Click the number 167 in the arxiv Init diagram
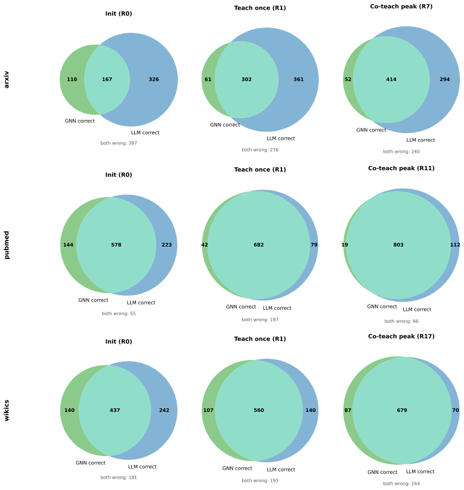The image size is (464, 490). click(107, 79)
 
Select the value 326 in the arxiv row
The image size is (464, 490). click(154, 79)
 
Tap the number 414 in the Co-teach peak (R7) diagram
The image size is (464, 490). click(391, 79)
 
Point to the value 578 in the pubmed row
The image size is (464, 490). click(116, 245)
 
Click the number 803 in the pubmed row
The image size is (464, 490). click(398, 245)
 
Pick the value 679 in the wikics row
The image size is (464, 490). click(402, 410)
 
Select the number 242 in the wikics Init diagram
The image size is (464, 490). click(164, 410)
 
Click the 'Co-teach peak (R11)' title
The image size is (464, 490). click(401, 168)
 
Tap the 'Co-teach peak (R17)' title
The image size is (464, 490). click(401, 336)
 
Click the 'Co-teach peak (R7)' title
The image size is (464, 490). click(401, 7)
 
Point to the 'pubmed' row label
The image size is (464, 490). click(7, 245)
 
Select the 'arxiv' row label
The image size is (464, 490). click(7, 80)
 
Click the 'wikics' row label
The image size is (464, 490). click(7, 410)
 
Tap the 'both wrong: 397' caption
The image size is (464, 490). click(119, 143)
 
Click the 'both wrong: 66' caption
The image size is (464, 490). click(401, 321)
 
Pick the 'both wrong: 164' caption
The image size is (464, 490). click(401, 483)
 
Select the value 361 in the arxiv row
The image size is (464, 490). click(299, 79)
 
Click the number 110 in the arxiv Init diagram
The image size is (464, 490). click(72, 79)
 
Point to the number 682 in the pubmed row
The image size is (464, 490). click(259, 245)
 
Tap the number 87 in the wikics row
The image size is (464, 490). click(348, 410)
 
